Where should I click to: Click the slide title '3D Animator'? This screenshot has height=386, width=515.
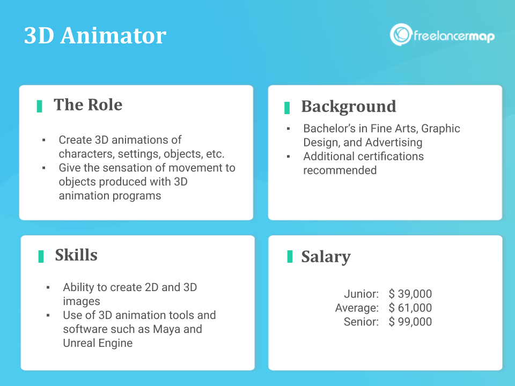pyautogui.click(x=95, y=35)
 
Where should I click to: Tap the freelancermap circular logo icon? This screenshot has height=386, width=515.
pyautogui.click(x=401, y=34)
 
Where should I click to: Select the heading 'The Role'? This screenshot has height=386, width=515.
pyautogui.click(x=88, y=105)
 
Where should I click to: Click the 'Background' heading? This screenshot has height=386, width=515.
pyautogui.click(x=349, y=107)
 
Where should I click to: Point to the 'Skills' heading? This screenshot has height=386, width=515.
pyautogui.click(x=76, y=255)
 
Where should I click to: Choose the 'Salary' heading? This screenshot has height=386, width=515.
pyautogui.click(x=326, y=257)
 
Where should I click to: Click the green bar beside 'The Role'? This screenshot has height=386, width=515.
pyautogui.click(x=39, y=106)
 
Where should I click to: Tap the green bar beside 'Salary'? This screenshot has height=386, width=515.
pyautogui.click(x=290, y=256)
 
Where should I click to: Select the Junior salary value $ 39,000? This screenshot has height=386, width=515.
pyautogui.click(x=410, y=294)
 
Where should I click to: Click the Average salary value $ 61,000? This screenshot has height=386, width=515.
pyautogui.click(x=410, y=308)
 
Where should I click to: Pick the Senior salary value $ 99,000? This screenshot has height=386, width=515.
pyautogui.click(x=410, y=322)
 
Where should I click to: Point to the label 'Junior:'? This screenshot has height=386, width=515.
pyautogui.click(x=361, y=294)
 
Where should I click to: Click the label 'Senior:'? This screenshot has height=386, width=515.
pyautogui.click(x=361, y=322)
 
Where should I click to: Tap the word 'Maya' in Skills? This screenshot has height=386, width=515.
pyautogui.click(x=166, y=329)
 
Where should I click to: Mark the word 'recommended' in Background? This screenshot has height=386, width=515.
pyautogui.click(x=340, y=170)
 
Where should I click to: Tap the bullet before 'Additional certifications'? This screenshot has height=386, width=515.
pyautogui.click(x=289, y=157)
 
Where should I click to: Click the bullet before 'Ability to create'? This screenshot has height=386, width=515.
pyautogui.click(x=48, y=287)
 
